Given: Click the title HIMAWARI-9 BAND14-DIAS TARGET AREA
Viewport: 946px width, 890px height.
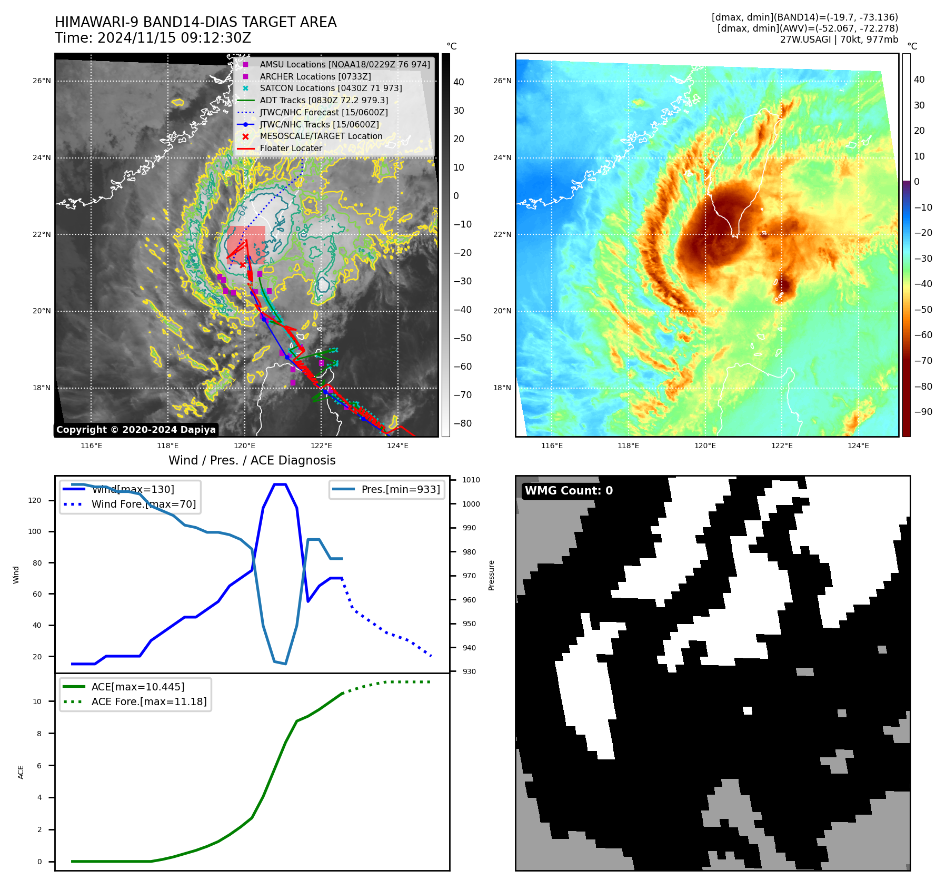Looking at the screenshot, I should pos(195,22).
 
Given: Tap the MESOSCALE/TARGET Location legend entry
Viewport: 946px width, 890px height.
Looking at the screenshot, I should pos(321,136).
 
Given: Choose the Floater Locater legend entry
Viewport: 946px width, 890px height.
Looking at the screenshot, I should pos(291,148).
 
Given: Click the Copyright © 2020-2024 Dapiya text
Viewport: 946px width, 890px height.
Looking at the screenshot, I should pos(136,430).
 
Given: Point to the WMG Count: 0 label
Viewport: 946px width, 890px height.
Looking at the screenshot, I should pos(569,490).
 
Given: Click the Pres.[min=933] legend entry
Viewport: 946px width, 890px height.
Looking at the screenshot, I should pos(400,489).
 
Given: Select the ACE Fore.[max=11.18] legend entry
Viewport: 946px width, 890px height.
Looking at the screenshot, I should pos(149,701).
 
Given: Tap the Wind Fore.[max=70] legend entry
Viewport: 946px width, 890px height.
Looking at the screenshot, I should pos(143,504).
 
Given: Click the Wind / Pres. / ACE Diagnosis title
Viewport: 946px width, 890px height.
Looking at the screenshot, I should pos(252,460).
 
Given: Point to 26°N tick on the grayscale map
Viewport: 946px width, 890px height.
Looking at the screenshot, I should pos(42,81).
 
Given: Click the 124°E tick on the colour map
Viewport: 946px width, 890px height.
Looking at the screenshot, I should pos(858,446).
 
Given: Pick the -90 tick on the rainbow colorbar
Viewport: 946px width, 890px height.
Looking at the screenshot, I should pos(923,412).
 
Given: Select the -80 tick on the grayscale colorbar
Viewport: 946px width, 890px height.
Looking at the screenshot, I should pos(463,423).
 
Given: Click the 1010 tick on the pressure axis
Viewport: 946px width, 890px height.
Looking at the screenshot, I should pos(471,480).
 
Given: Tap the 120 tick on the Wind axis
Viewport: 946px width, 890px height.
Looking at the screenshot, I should pos(35,500).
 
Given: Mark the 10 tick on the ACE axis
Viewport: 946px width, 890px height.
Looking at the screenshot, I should pos(37,701).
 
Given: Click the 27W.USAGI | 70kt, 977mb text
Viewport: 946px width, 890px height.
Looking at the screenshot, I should pos(839,39).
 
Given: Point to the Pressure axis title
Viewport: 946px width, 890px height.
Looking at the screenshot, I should pos(491,575).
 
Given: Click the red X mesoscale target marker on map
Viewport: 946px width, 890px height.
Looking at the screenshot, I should pos(242,265).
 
